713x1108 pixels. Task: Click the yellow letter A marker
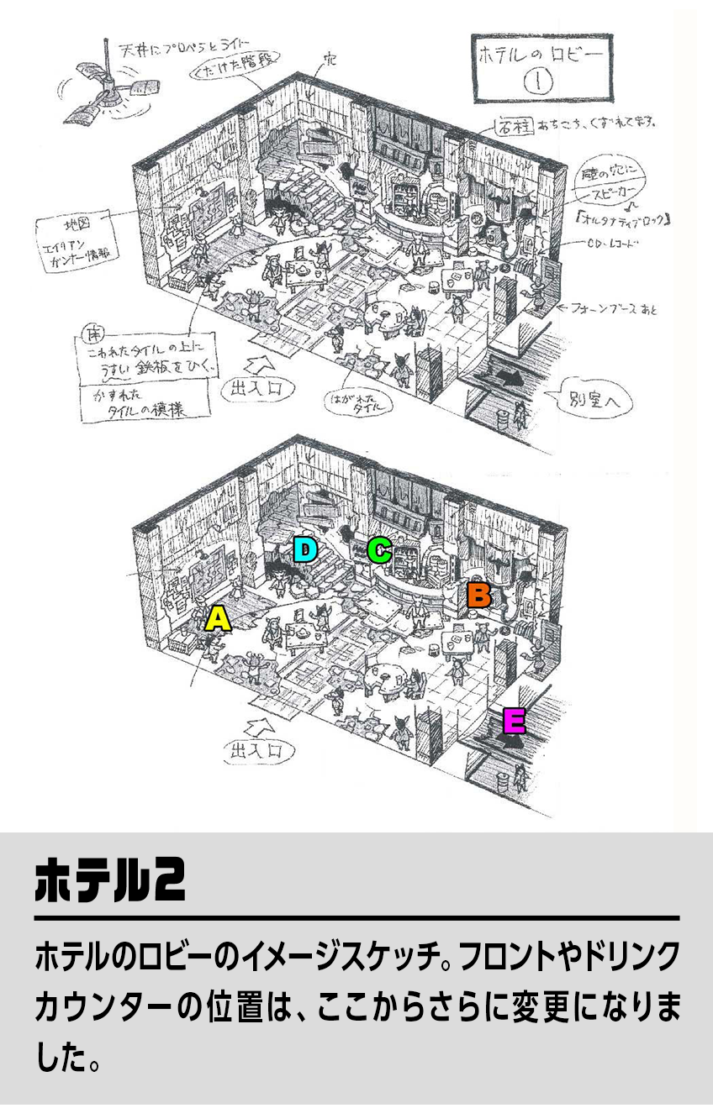point(218,619)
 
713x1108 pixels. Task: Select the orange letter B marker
point(478,595)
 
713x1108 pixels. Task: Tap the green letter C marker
point(379,550)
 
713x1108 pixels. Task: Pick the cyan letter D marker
point(305,550)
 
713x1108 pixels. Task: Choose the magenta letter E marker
point(514,721)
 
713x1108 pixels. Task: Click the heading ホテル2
point(110,880)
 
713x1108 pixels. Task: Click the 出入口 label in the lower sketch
point(259,751)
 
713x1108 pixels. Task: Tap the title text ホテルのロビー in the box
point(542,57)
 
